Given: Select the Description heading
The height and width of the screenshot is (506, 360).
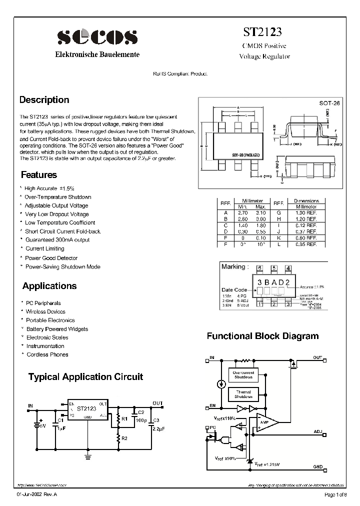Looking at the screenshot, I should pos(44,100).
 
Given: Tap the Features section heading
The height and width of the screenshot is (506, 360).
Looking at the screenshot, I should pos(39,175).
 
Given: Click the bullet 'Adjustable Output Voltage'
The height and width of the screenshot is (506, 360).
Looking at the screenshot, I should pos(56,205).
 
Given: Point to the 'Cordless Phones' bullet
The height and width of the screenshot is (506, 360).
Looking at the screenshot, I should pos(47,354).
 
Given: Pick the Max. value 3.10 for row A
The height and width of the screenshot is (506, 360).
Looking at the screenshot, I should pos(260,212).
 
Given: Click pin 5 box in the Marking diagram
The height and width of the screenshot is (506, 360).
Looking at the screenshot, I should pos(273,268).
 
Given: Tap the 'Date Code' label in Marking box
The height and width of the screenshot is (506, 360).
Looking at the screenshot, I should pos(233,289).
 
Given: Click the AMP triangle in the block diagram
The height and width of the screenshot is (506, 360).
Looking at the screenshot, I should pos(264,421).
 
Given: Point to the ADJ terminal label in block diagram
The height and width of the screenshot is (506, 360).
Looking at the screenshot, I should pos(318,430).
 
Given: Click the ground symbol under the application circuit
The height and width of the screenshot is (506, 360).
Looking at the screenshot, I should pos(88,455).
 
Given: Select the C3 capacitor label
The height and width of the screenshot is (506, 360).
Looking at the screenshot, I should pos(156,420).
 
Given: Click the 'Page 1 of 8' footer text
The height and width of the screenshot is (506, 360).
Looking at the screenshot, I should pos(334,495).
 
